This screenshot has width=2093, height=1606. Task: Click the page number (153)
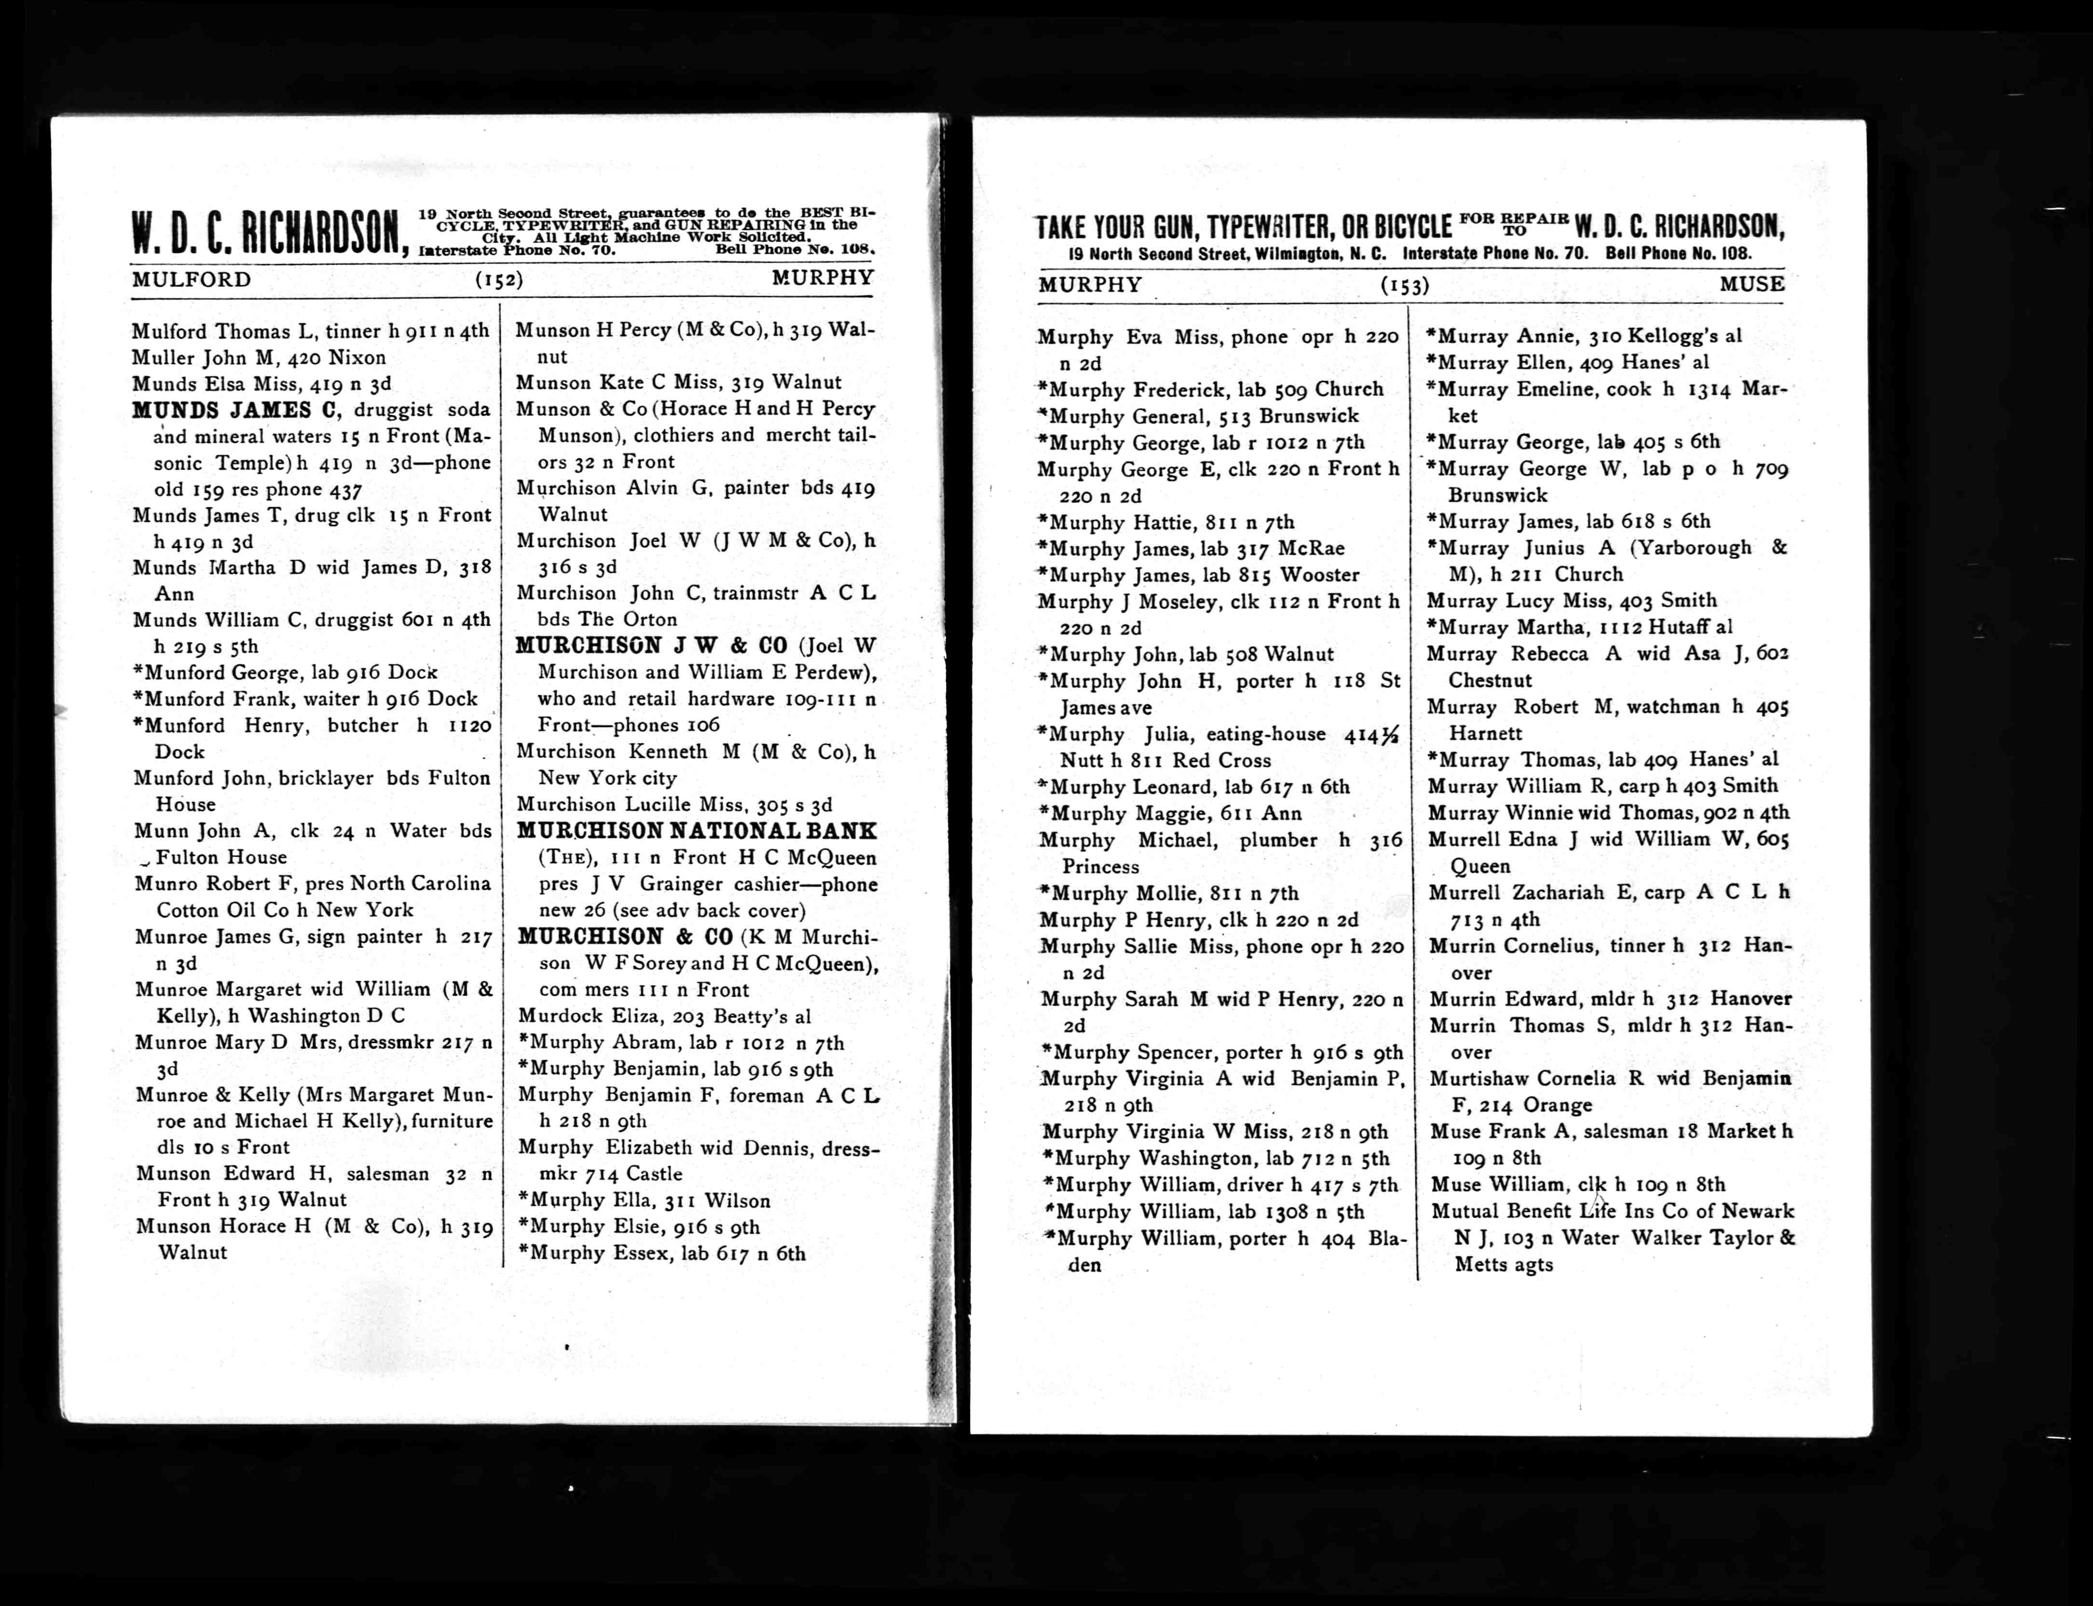(x=1405, y=285)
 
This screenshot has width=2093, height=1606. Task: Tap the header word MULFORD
(x=191, y=279)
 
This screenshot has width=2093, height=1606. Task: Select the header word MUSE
(x=1751, y=284)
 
